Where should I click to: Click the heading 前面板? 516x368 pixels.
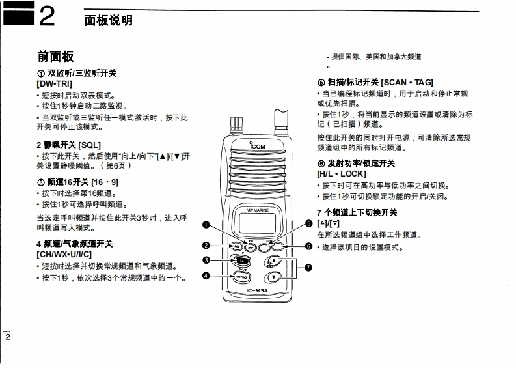[55, 57]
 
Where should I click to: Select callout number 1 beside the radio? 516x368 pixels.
[206, 225]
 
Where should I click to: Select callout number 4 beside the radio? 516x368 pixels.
[206, 276]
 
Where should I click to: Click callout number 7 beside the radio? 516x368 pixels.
[308, 267]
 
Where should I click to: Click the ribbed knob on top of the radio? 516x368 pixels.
[238, 123]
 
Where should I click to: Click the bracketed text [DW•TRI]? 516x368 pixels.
[55, 84]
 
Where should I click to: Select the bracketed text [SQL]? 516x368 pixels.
[88, 144]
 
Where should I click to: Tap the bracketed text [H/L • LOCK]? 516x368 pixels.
[342, 174]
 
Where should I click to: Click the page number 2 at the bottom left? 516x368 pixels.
[8, 337]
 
